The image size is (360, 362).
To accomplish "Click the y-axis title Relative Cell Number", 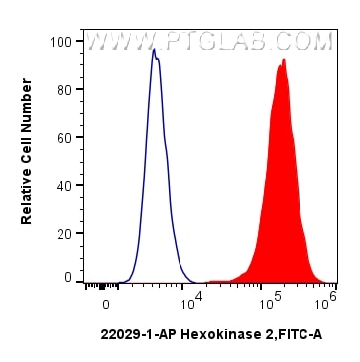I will tap(27, 160).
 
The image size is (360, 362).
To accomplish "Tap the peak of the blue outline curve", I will tap(155, 49).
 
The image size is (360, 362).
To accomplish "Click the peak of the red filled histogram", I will tap(284, 60).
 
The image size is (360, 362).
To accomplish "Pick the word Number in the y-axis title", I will tap(27, 124).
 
